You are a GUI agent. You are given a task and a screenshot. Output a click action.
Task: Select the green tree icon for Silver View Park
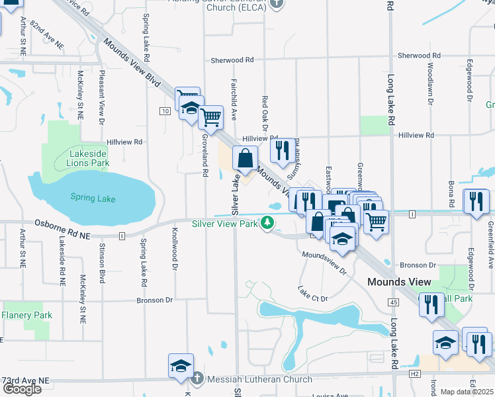[267, 223]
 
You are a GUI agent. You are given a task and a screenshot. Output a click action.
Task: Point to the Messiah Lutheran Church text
[259, 379]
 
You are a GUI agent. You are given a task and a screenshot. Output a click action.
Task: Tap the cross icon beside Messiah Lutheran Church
[197, 379]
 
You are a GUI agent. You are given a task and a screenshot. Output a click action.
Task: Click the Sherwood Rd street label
[232, 60]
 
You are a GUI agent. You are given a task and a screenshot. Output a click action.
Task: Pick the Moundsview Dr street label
[324, 262]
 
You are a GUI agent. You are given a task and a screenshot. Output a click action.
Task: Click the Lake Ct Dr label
[312, 294]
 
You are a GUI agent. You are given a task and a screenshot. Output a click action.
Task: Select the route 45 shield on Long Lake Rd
[394, 302]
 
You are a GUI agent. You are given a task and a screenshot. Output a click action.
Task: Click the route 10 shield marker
[163, 110]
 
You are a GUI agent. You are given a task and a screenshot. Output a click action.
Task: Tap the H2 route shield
[415, 374]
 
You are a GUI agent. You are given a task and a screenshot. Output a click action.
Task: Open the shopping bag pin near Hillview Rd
[245, 159]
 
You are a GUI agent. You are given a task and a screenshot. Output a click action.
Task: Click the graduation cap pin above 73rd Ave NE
[181, 366]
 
